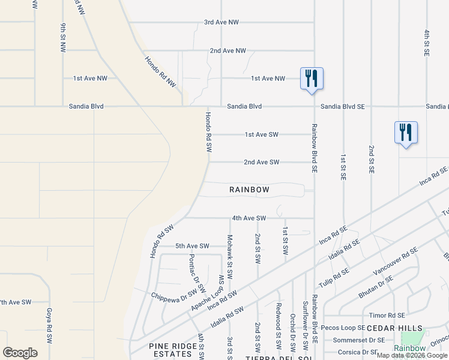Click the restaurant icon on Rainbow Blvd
[312, 79]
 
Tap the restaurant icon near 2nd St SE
[406, 133]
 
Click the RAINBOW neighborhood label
[250, 190]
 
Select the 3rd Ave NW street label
[221, 22]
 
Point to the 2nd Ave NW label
[228, 51]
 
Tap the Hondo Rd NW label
[160, 73]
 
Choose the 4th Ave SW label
[249, 218]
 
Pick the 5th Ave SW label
[192, 246]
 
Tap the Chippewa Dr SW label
[175, 295]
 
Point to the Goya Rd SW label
[49, 325]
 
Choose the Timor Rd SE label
[387, 315]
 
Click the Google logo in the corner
[20, 352]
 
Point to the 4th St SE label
[427, 43]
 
